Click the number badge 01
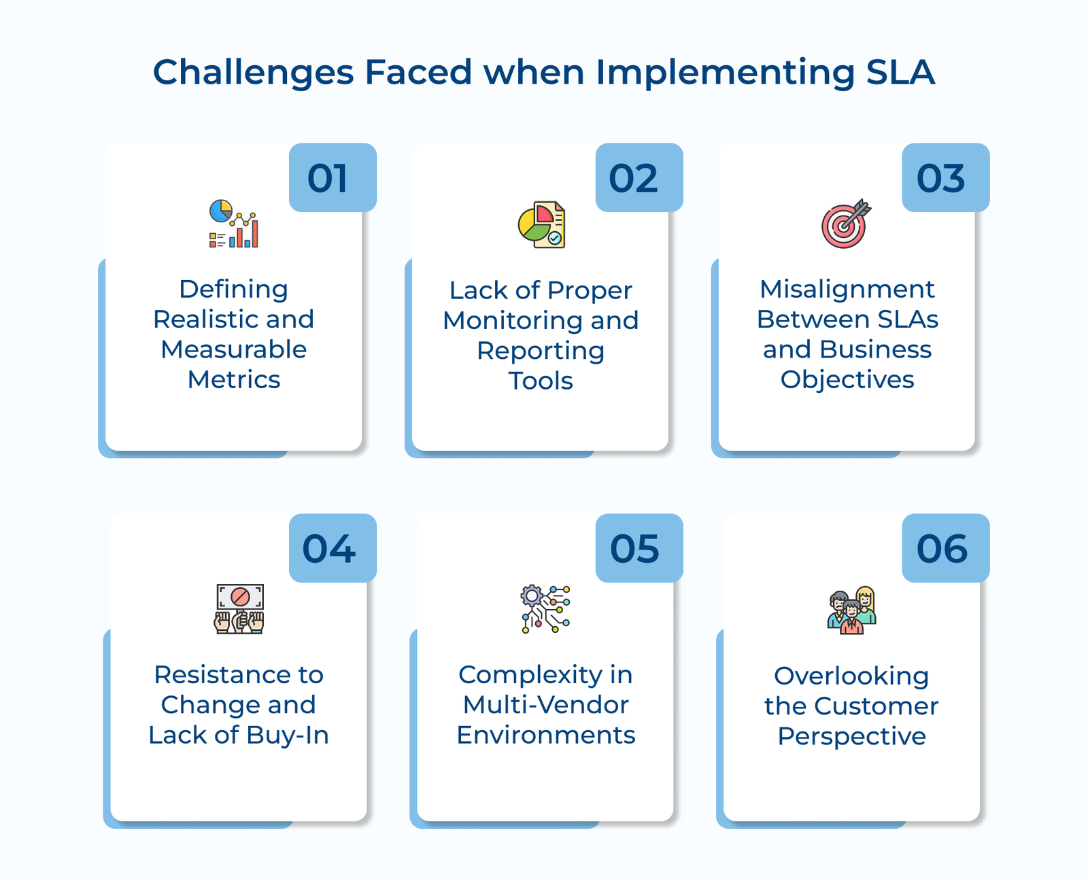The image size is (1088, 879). (333, 177)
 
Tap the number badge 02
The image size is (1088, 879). (639, 177)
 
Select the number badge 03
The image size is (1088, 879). (945, 177)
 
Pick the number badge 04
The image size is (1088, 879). (333, 548)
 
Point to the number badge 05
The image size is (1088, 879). (639, 548)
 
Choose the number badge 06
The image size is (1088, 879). (945, 548)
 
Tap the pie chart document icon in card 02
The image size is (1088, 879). (541, 224)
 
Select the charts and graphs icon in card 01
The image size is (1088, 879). (234, 224)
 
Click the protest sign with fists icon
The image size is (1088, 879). (239, 609)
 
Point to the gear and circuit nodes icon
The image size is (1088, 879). (545, 609)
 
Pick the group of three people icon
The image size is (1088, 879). (852, 610)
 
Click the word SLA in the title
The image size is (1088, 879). (900, 72)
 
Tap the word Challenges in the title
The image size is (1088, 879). (253, 72)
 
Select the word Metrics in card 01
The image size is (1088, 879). (234, 379)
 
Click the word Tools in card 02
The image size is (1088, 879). (541, 381)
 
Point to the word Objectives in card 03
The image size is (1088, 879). (847, 379)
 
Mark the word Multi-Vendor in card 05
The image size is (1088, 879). (545, 705)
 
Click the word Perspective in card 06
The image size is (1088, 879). (851, 736)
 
